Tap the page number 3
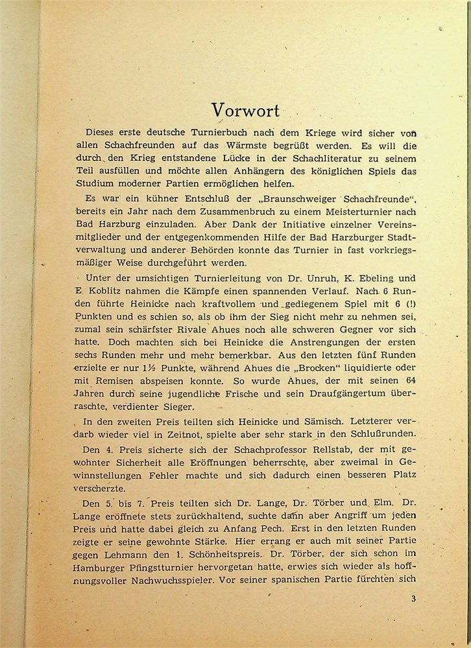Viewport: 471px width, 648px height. click(x=413, y=598)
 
